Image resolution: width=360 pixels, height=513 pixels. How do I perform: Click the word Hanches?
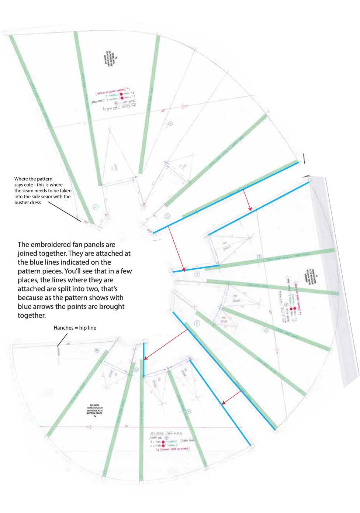tap(63, 328)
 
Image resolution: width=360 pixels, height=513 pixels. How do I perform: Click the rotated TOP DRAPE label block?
tap(111, 58)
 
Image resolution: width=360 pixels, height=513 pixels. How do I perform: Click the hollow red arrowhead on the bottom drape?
tap(89, 427)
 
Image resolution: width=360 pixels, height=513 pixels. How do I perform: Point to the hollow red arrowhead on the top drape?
tap(184, 107)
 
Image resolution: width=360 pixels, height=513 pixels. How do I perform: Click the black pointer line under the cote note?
tap(65, 212)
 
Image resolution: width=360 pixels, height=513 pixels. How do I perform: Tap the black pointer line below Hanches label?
tap(62, 340)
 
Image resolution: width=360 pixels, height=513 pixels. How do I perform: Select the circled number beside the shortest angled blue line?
tap(197, 274)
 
